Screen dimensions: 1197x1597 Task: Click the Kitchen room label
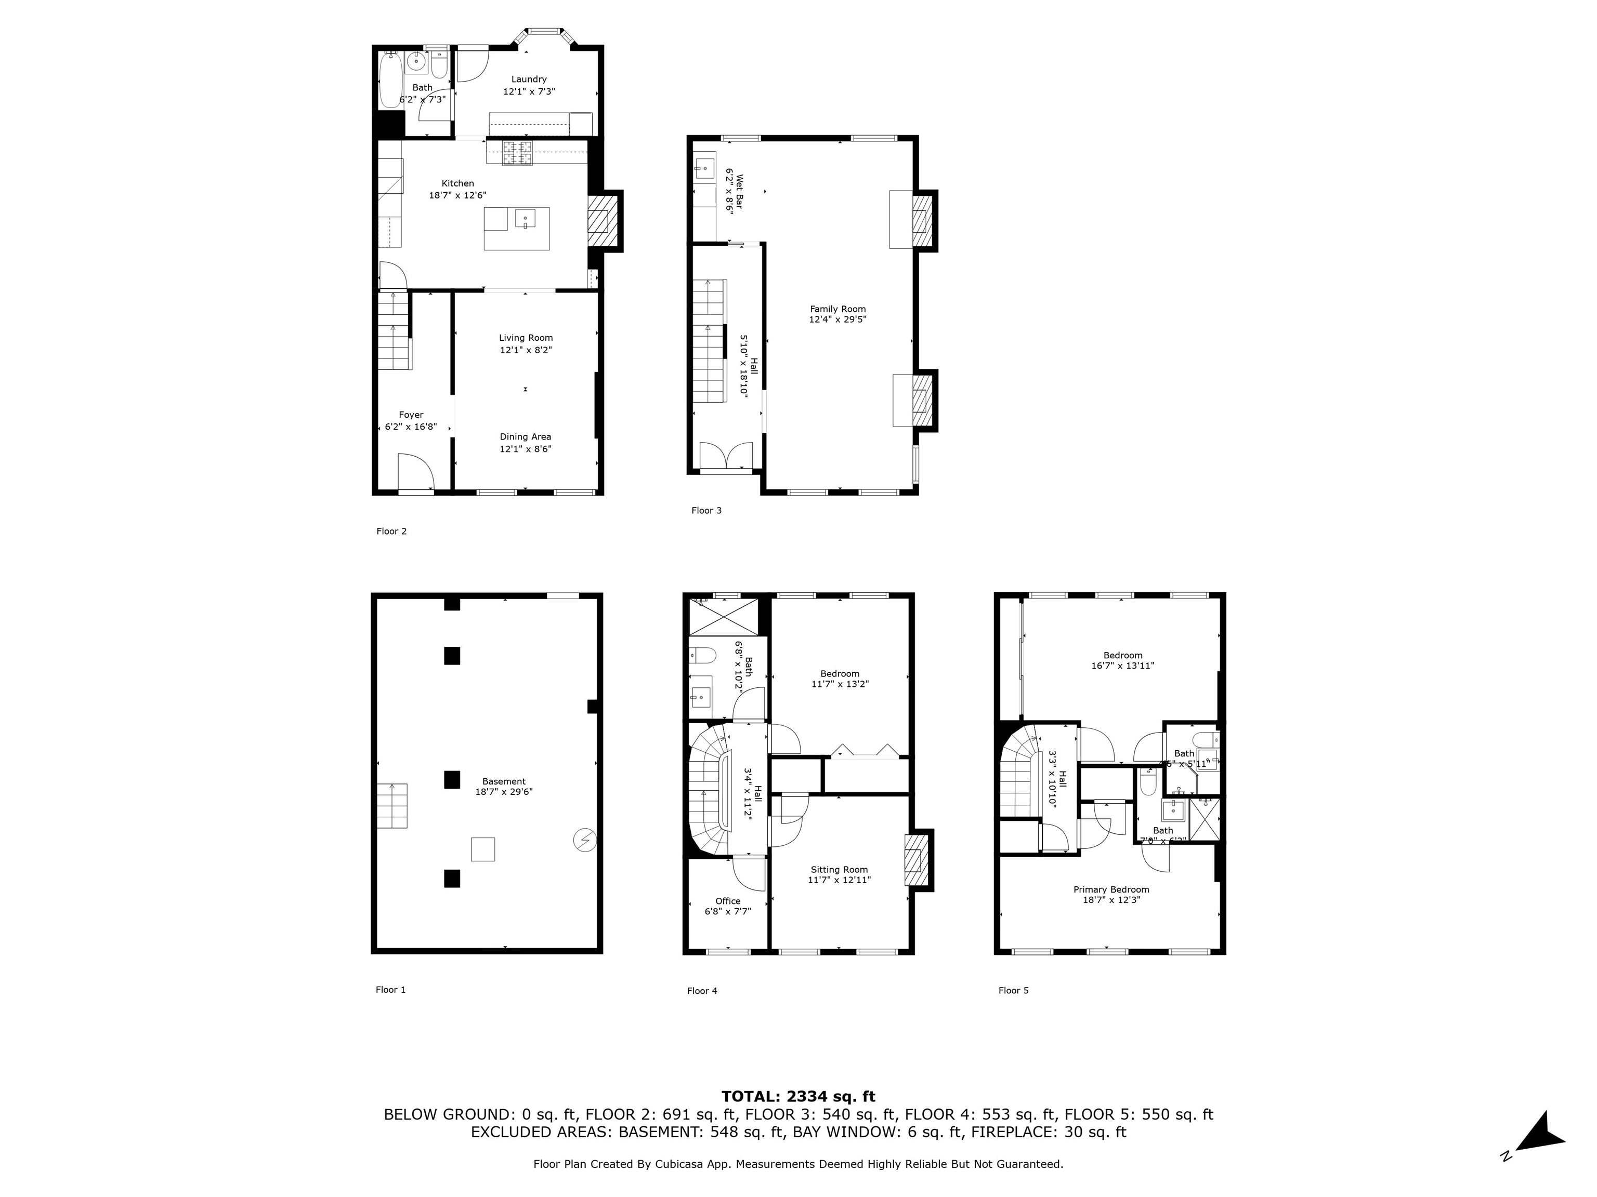coord(457,183)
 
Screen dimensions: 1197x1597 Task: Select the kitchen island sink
coord(525,217)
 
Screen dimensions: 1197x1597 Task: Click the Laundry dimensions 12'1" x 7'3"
coord(529,91)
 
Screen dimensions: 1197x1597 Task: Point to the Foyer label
coord(411,415)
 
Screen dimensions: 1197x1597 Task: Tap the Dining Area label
coord(525,436)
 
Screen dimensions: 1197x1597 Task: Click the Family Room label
coord(837,309)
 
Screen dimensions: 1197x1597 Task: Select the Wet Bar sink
coord(704,170)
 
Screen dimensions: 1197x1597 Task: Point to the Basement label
coord(503,781)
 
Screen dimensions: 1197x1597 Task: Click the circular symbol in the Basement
coord(584,840)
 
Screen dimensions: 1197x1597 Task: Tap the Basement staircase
coord(391,806)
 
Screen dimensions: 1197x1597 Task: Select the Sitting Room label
coord(839,869)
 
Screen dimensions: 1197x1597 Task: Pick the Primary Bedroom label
coord(1110,889)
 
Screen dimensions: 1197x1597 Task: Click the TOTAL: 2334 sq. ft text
coord(798,1097)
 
